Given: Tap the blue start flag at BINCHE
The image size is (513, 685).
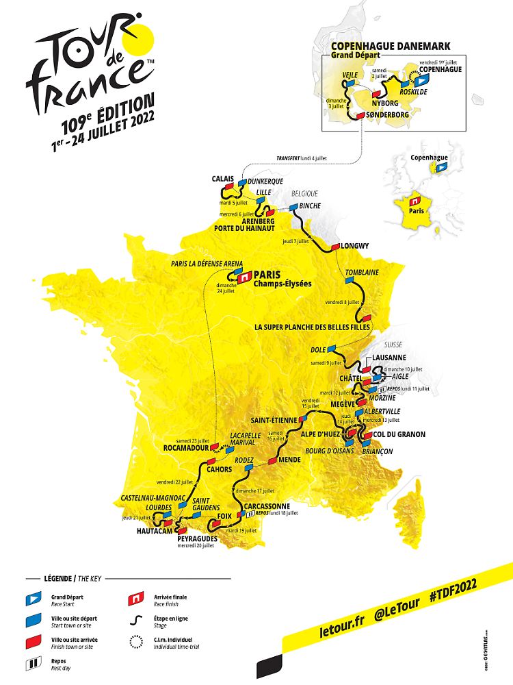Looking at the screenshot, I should coord(293,206).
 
